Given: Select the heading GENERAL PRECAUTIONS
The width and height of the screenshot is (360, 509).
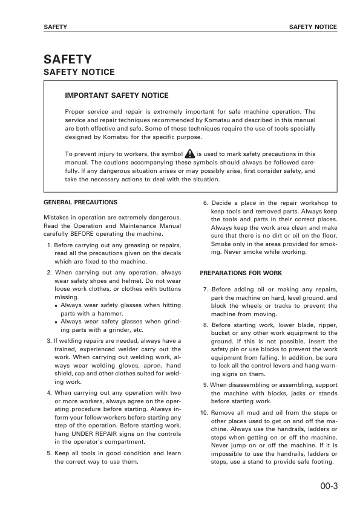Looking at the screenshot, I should point(80,203).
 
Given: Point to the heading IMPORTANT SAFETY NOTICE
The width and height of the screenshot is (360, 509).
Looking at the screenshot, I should point(116,96).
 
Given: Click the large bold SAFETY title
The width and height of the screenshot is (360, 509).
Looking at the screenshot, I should point(68,59).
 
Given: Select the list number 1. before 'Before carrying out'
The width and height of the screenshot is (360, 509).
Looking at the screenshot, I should point(49,245).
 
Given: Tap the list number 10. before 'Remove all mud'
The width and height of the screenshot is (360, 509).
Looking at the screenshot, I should point(204,412).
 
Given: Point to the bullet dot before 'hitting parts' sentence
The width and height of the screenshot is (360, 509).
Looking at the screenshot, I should point(56,306).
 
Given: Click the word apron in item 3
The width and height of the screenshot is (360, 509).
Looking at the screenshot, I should point(146,366).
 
